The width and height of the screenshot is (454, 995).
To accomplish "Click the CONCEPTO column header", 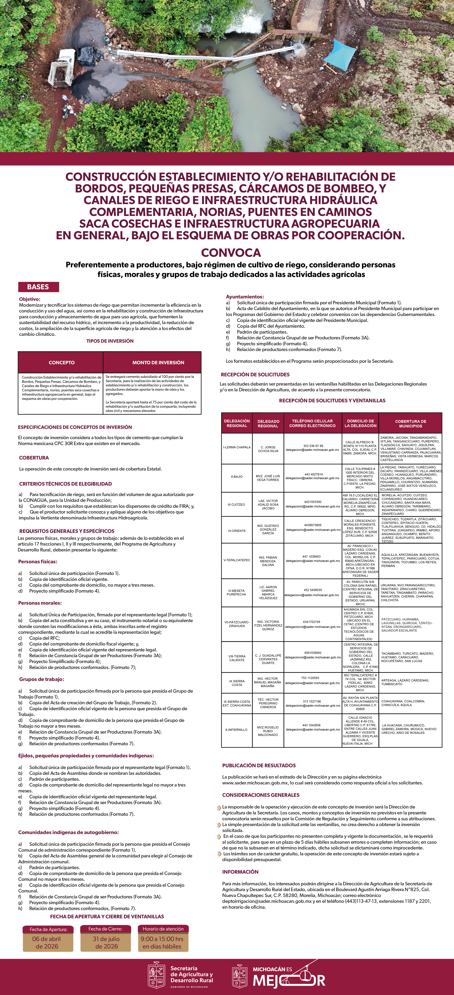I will (x=61, y=362).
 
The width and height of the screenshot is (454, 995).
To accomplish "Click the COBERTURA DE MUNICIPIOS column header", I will (x=410, y=423).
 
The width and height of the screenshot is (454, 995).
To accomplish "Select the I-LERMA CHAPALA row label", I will (x=237, y=447).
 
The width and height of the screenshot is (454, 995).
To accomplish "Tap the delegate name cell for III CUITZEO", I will (x=268, y=504).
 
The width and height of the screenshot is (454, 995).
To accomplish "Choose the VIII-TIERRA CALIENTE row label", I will (x=237, y=658).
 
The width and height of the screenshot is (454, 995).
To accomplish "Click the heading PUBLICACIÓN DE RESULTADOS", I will (x=259, y=765).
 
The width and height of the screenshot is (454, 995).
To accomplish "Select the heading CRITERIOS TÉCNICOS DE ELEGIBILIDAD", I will (x=65, y=484).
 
